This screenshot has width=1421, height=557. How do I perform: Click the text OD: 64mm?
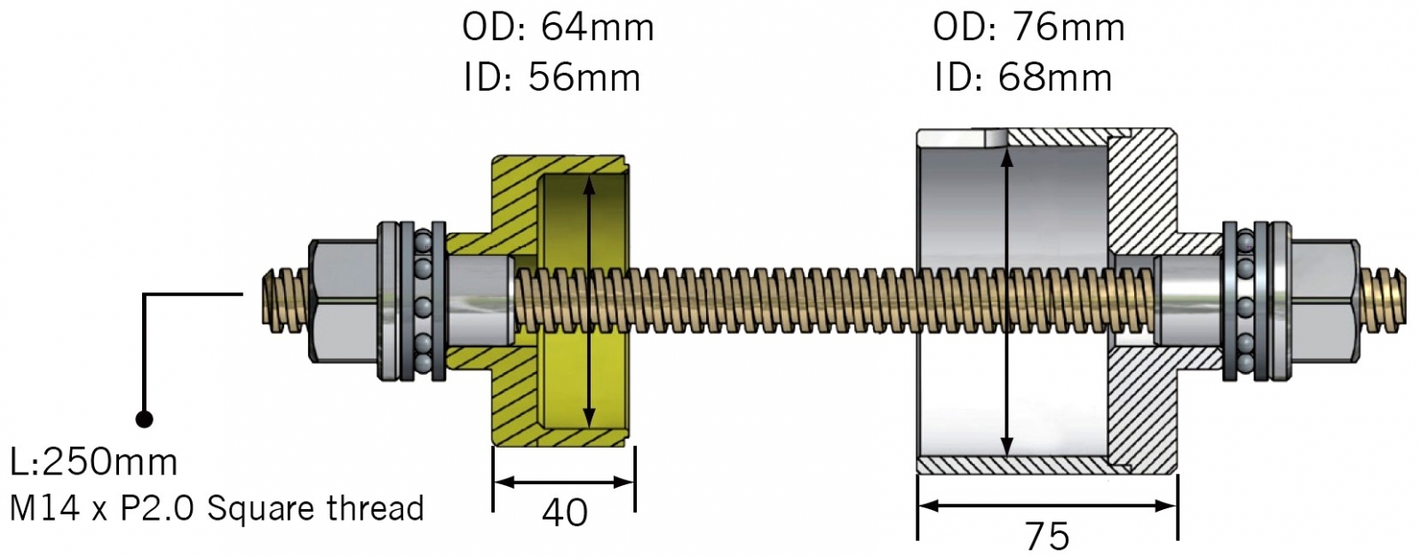point(558,28)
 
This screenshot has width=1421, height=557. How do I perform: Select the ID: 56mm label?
point(552,78)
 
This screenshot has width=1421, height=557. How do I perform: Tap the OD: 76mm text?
point(1028,28)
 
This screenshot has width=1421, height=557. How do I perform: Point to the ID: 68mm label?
point(1022,78)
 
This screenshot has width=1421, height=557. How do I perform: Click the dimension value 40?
point(565,513)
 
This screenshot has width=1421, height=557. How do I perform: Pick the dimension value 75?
point(1047,536)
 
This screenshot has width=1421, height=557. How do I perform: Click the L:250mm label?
point(93,462)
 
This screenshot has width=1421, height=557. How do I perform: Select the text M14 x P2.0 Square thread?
point(216,508)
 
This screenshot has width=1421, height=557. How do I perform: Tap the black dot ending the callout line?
point(144,418)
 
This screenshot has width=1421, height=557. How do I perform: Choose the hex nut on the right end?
point(1323,302)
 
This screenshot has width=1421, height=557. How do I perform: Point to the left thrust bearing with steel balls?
point(423,302)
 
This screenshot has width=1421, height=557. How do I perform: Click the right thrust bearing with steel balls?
point(1245,302)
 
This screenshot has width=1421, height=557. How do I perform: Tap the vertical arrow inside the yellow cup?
point(588,302)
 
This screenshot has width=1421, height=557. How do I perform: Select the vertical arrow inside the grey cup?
point(1006,302)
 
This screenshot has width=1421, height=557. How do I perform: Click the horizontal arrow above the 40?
point(564,482)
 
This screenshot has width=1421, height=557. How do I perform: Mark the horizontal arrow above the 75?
point(1047,505)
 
